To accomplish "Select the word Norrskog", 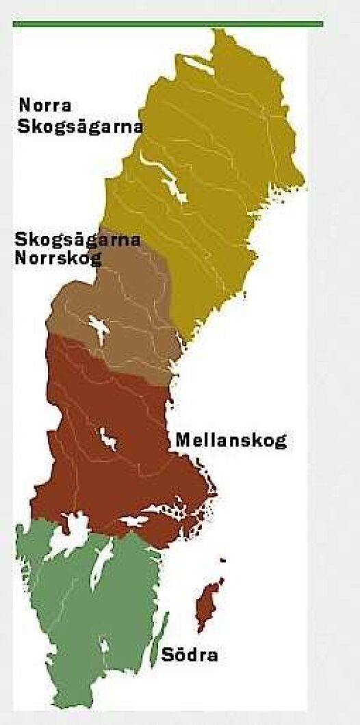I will pyautogui.click(x=57, y=258).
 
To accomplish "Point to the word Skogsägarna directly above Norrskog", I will pyautogui.click(x=77, y=240).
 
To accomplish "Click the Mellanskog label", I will pyautogui.click(x=231, y=440).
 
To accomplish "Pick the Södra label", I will pyautogui.click(x=190, y=655).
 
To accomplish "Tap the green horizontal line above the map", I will pyautogui.click(x=168, y=23).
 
